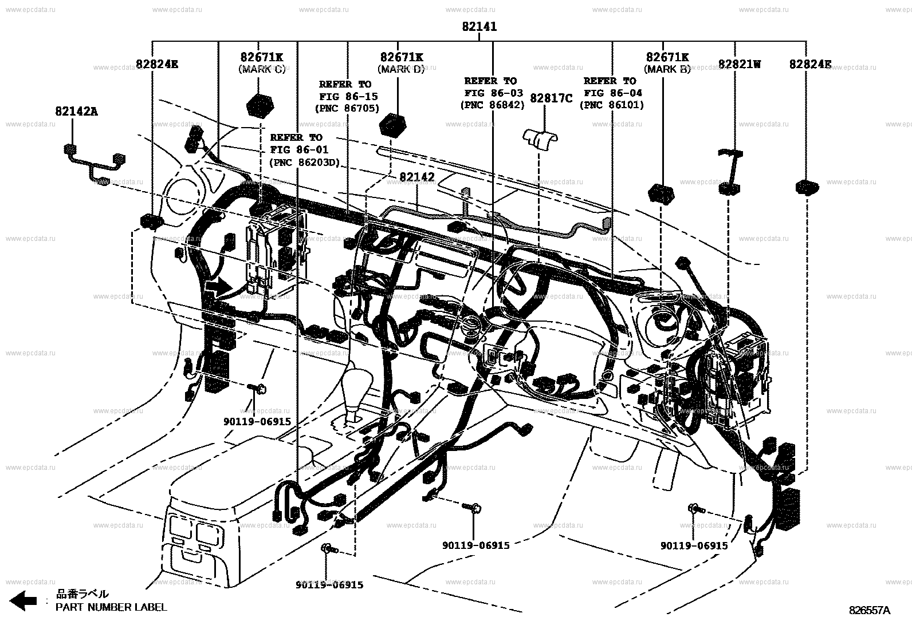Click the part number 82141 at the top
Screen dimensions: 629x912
pos(479,26)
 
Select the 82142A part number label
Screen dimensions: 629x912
pos(76,112)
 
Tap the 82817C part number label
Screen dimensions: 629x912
pos(551,98)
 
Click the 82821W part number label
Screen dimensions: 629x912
pos(739,64)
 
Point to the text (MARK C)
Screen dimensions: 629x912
pos(261,69)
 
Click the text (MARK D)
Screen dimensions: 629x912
pos(402,69)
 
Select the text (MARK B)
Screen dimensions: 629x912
pos(667,69)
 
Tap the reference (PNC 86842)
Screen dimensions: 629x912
pos(492,105)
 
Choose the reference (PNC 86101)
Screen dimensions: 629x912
pos(612,105)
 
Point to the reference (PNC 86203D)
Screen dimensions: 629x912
pos(304,163)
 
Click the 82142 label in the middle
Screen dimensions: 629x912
pos(416,177)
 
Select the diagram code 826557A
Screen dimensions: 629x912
pos(870,611)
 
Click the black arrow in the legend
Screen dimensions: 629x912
pos(23,600)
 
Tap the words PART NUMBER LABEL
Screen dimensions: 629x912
pos(111,607)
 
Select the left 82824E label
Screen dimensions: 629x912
pos(156,64)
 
